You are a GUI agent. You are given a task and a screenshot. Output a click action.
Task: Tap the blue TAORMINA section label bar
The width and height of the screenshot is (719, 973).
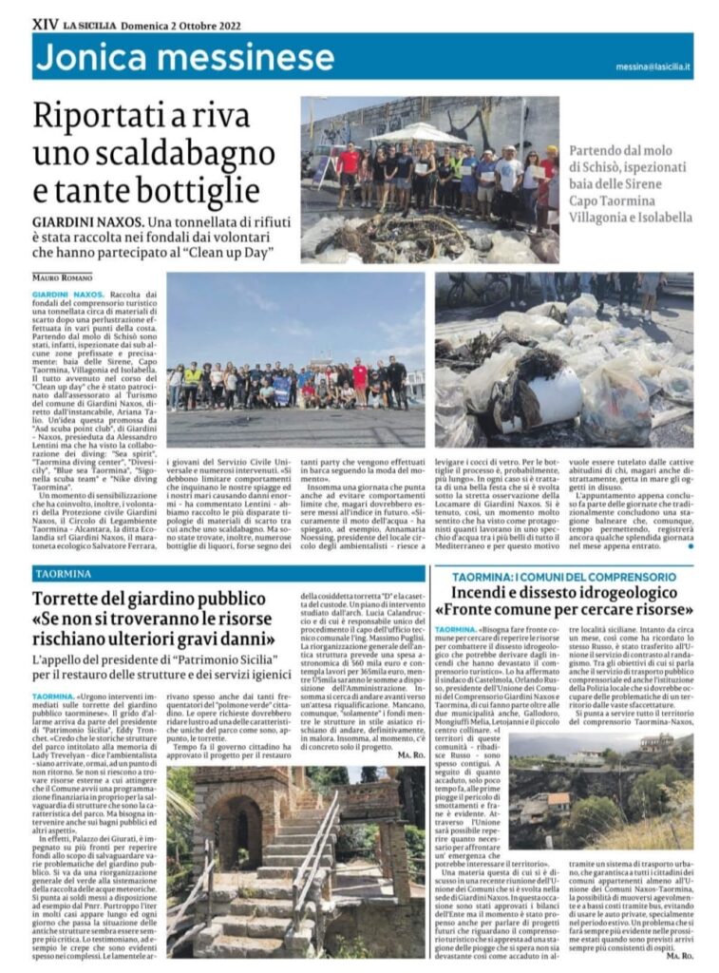[228, 574]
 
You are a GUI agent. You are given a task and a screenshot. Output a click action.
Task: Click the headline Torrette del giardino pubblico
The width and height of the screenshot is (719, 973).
[149, 601]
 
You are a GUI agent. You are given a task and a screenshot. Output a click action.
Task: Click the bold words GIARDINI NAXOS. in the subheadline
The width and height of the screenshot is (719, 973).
[77, 221]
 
